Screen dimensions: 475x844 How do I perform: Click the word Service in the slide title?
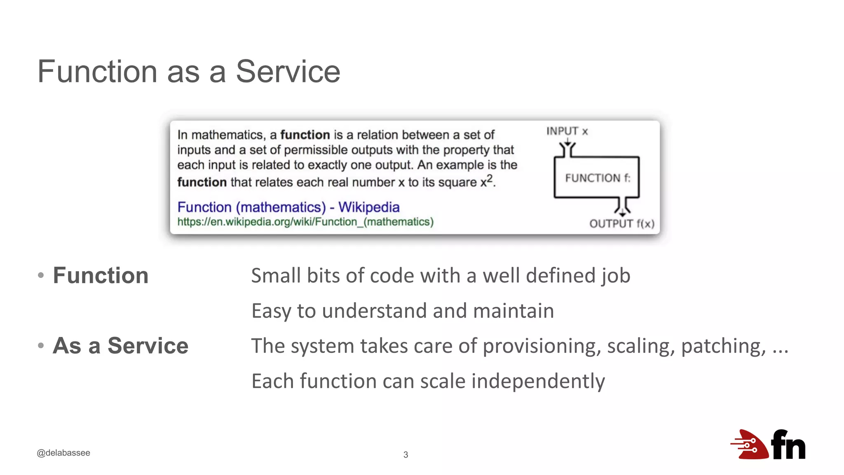(x=288, y=72)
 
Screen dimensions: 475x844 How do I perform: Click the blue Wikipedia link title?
(x=288, y=207)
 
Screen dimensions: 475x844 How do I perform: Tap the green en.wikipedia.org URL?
(x=305, y=222)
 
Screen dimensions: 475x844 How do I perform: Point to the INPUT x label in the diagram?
(x=567, y=131)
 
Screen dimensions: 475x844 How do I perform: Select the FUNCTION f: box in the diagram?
(x=597, y=178)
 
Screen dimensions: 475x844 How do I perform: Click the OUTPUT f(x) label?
(x=621, y=224)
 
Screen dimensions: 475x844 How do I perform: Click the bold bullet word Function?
(x=101, y=275)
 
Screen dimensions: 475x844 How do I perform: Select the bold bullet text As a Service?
(x=120, y=346)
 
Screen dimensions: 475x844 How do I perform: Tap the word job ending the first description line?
(x=615, y=276)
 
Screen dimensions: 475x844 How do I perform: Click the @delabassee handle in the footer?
(x=63, y=453)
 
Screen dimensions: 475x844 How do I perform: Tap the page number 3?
(x=406, y=455)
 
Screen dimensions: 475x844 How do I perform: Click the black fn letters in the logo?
(x=788, y=445)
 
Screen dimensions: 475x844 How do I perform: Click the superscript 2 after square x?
(x=489, y=178)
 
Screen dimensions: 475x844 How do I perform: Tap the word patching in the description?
(x=723, y=346)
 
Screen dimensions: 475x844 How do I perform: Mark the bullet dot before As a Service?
(x=41, y=346)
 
